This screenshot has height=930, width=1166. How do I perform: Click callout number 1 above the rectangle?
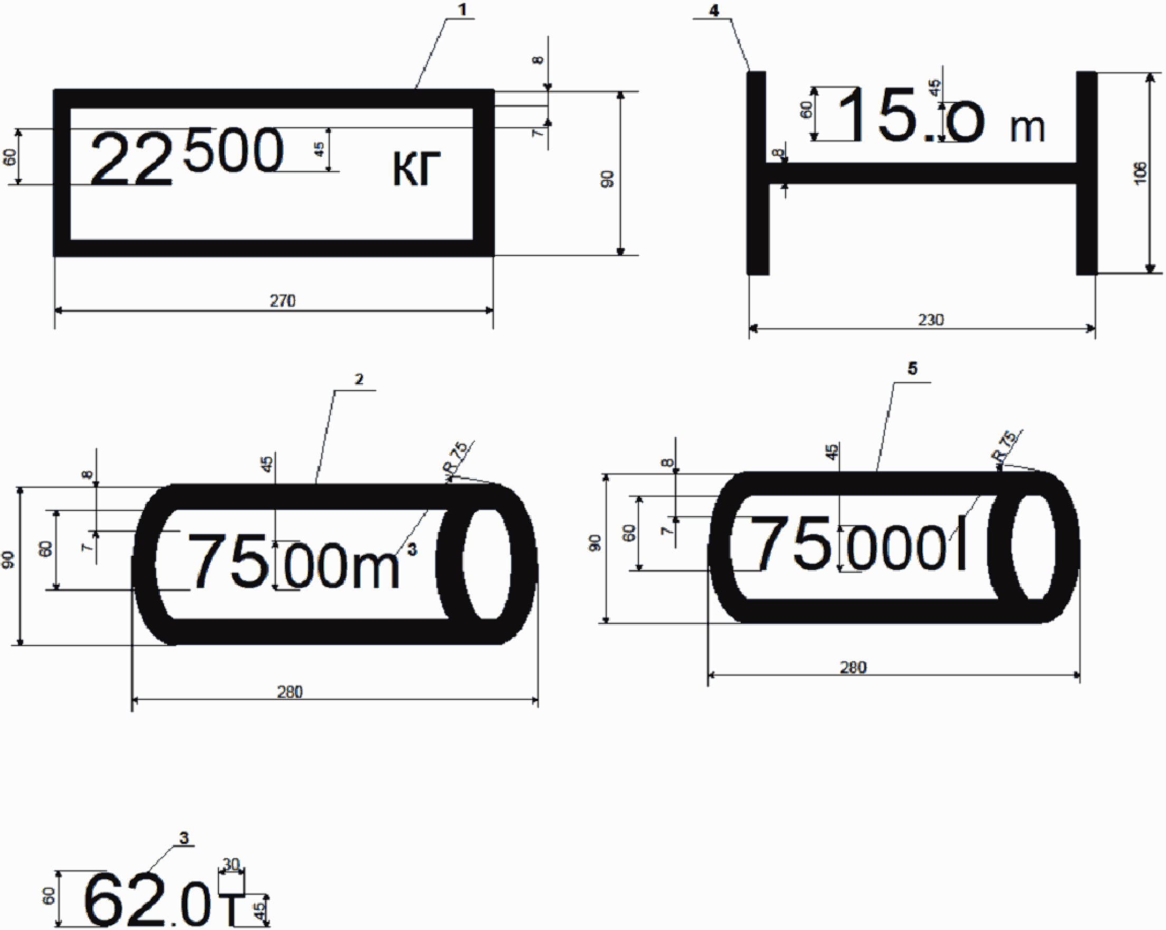[x=462, y=10]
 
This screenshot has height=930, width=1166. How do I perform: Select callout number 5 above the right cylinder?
[x=912, y=368]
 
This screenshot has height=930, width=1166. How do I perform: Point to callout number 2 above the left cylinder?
[x=359, y=379]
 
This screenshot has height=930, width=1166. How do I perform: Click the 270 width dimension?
[x=282, y=301]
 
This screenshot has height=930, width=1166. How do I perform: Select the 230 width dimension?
[x=930, y=320]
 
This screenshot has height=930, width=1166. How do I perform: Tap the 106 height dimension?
[x=1140, y=173]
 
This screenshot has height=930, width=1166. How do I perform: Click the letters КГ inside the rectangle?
[x=416, y=168]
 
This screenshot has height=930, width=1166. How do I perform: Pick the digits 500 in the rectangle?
[x=233, y=149]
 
